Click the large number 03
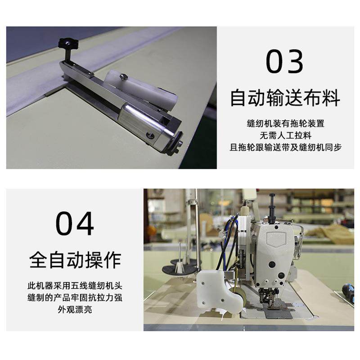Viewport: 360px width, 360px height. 284,62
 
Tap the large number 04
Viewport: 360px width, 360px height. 75,224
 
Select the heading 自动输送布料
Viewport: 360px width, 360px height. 284,98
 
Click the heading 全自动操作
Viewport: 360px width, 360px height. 75,260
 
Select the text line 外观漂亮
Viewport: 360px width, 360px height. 75,310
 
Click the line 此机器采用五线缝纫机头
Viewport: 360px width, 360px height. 75,286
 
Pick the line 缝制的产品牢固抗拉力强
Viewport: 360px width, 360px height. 75,298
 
